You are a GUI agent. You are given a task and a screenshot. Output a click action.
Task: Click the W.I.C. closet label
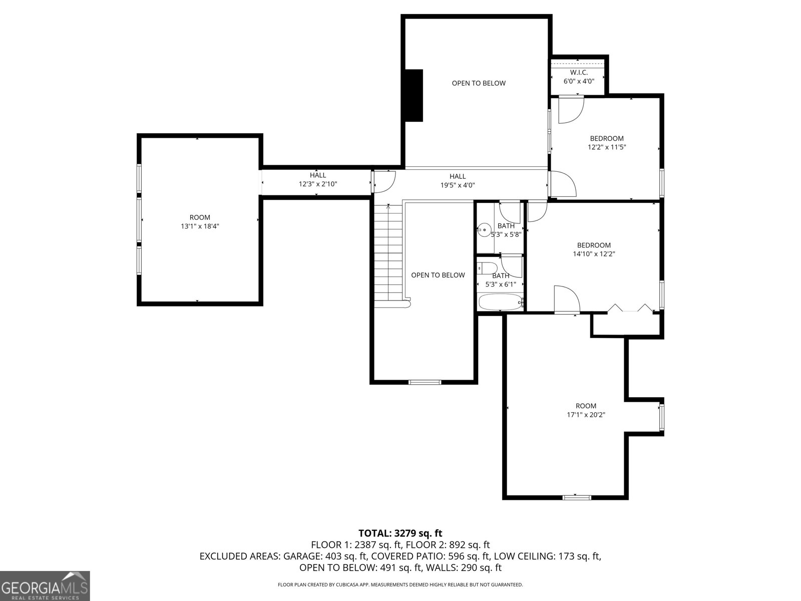coord(579,73)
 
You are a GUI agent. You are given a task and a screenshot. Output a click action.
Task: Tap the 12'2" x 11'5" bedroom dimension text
coord(607,147)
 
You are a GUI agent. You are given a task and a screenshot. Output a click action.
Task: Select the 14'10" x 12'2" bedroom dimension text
coord(594,254)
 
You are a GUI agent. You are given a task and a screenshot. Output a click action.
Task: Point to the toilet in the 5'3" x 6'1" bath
coord(487,268)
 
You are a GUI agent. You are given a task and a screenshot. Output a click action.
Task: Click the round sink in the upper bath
coord(484,230)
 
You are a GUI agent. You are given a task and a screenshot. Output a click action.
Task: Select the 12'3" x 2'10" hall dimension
coord(318,184)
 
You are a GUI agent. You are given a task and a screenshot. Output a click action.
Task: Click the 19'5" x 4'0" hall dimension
coord(458,185)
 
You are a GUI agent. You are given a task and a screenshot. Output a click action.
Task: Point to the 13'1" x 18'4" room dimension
coord(200,226)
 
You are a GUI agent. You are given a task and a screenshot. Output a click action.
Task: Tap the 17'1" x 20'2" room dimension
coord(586,414)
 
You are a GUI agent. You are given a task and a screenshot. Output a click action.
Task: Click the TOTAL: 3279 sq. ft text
coord(400,533)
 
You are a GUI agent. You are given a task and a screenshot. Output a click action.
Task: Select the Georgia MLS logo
coord(45,586)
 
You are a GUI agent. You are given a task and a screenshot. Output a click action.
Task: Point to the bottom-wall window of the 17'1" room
coord(577,497)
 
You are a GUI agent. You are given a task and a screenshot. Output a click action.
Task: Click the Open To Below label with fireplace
coord(479,83)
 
